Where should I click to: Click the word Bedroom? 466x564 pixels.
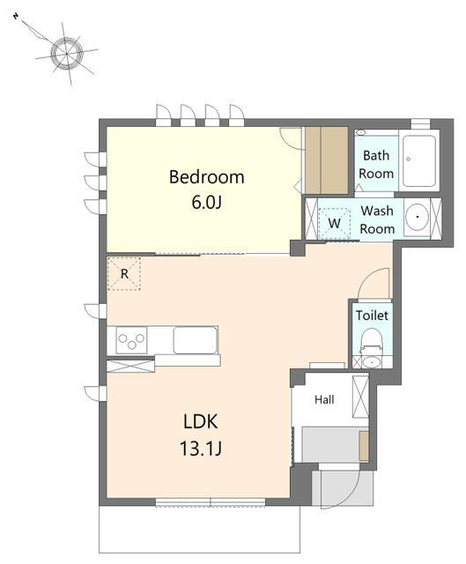(206, 177)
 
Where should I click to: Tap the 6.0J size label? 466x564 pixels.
(206, 203)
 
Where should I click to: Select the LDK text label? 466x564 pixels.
(200, 421)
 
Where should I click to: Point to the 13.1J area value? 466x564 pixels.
(200, 449)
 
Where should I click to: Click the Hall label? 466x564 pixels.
(324, 399)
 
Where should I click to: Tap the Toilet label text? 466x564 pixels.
(372, 315)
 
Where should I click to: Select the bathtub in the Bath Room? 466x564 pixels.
(419, 160)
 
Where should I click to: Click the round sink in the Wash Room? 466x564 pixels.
(417, 217)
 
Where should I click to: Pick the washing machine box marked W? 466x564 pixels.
(334, 223)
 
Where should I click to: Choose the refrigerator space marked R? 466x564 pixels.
(124, 274)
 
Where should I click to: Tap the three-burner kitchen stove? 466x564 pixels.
(131, 340)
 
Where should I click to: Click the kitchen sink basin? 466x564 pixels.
(196, 340)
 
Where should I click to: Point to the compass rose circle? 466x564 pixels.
(67, 54)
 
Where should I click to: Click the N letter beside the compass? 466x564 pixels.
(16, 16)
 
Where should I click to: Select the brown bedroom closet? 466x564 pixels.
(326, 160)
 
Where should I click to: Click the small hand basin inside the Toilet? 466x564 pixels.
(372, 362)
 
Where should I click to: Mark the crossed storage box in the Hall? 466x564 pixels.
(360, 396)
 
